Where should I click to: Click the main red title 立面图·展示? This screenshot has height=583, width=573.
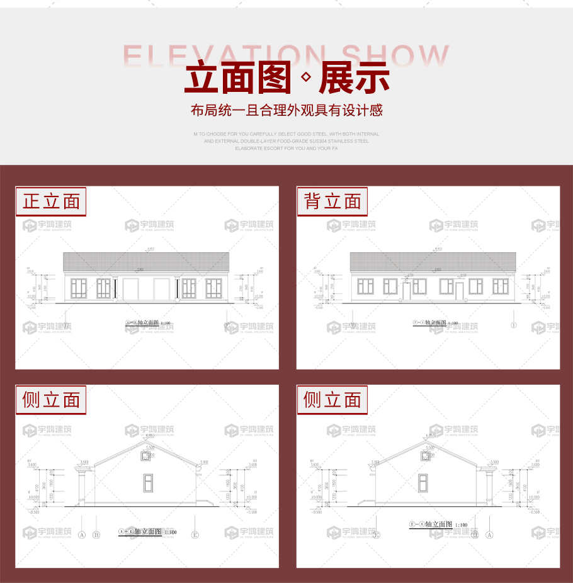[286, 79]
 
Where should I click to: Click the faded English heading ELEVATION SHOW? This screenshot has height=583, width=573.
[286, 55]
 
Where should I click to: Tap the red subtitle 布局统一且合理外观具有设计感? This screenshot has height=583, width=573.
[286, 111]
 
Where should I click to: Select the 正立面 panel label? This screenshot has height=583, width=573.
[51, 201]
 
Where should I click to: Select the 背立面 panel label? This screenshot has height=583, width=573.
[332, 201]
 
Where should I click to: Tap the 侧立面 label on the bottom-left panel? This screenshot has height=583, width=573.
[51, 400]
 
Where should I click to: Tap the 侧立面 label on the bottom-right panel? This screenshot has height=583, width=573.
[332, 400]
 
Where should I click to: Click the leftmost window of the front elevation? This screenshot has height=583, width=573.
[79, 287]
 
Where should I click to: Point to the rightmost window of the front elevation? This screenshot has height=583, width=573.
[213, 287]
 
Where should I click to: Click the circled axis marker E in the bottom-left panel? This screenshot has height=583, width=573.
[195, 535]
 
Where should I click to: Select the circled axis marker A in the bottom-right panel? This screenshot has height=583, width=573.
[488, 535]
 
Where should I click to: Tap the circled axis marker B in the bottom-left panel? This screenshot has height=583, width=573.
[96, 535]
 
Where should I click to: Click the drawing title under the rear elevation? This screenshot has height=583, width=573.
[434, 323]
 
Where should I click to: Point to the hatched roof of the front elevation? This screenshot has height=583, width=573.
[146, 262]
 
